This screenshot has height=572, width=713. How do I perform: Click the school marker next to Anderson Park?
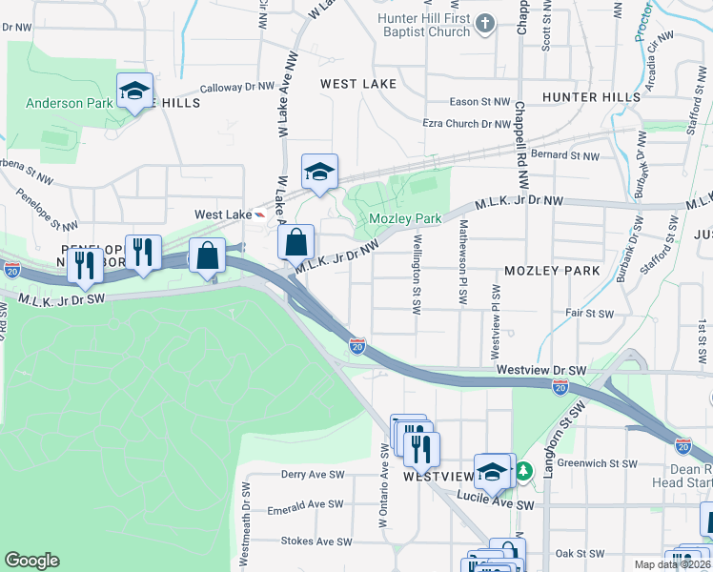[x=135, y=92]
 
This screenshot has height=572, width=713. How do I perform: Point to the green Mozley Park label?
[x=405, y=218]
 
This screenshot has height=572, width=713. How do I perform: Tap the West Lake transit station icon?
[x=261, y=214]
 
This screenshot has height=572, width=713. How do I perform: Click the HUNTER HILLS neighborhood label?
[x=591, y=97]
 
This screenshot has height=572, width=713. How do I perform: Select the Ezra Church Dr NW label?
[x=467, y=123]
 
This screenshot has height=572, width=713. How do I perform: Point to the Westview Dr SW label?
[x=540, y=369]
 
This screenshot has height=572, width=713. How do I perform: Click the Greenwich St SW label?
[x=597, y=463]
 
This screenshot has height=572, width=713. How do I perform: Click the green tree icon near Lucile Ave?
[x=523, y=471]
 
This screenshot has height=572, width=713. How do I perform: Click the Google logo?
[x=31, y=561]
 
